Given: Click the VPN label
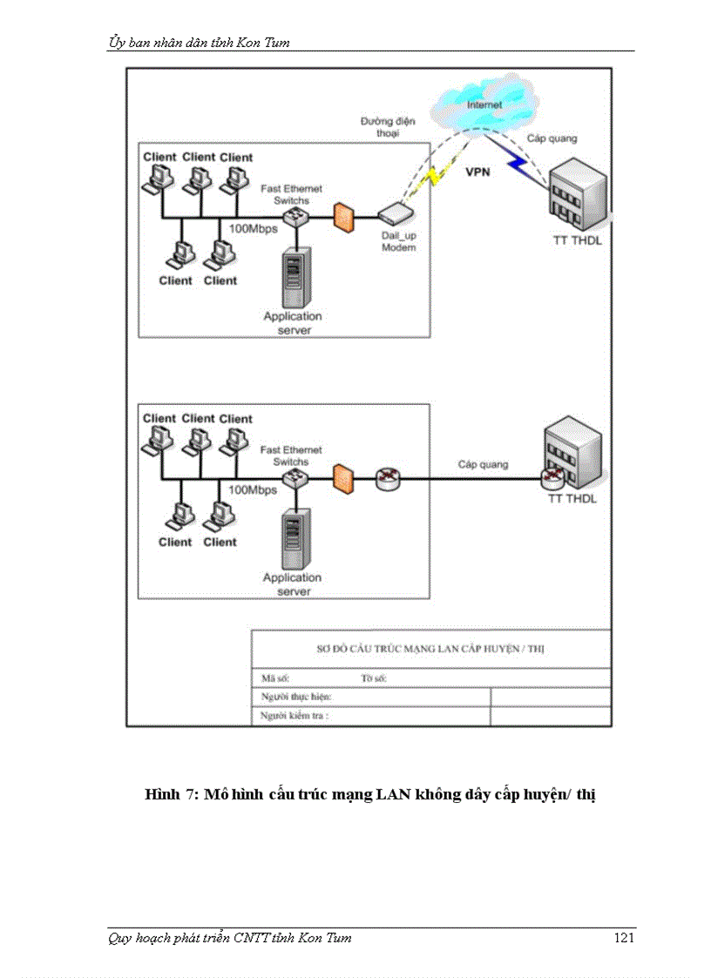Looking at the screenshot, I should point(477,172).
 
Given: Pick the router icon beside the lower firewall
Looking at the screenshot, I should point(386,478).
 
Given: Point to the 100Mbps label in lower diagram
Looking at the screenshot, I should point(253,490).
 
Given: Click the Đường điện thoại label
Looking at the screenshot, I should point(382,128).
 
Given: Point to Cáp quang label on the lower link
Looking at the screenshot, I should point(483,464).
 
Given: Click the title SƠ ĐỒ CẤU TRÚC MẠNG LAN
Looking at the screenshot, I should point(430,649).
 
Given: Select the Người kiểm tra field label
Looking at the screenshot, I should point(295,716).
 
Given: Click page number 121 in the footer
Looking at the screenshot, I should point(624,938).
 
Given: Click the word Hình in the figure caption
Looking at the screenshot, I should point(161,795).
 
